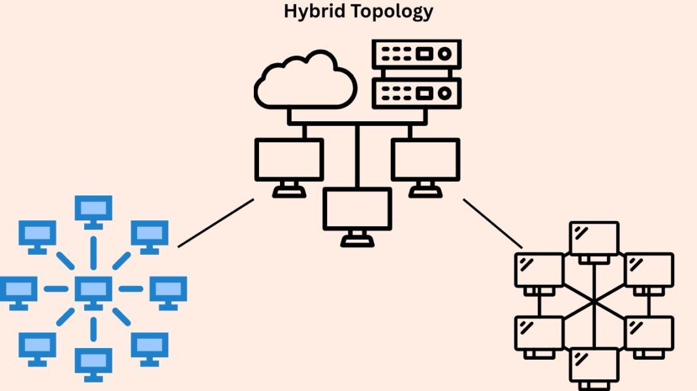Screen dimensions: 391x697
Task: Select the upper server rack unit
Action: coord(416,54)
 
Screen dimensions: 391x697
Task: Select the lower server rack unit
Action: coord(416,93)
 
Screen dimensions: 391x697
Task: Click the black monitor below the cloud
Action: coord(288,160)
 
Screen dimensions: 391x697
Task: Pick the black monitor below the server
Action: coord(426,160)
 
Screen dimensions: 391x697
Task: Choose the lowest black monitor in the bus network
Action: coord(357,210)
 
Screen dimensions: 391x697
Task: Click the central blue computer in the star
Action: coord(93,289)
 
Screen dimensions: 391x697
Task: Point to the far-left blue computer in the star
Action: coord(18,289)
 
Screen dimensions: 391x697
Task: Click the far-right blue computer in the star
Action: coord(168,289)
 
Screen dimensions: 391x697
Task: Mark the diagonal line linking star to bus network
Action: coord(215,223)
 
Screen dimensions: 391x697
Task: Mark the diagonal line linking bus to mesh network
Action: coord(493,224)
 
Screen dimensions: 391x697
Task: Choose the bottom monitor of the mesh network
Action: coord(594,364)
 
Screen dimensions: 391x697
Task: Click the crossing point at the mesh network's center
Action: coord(594,302)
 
